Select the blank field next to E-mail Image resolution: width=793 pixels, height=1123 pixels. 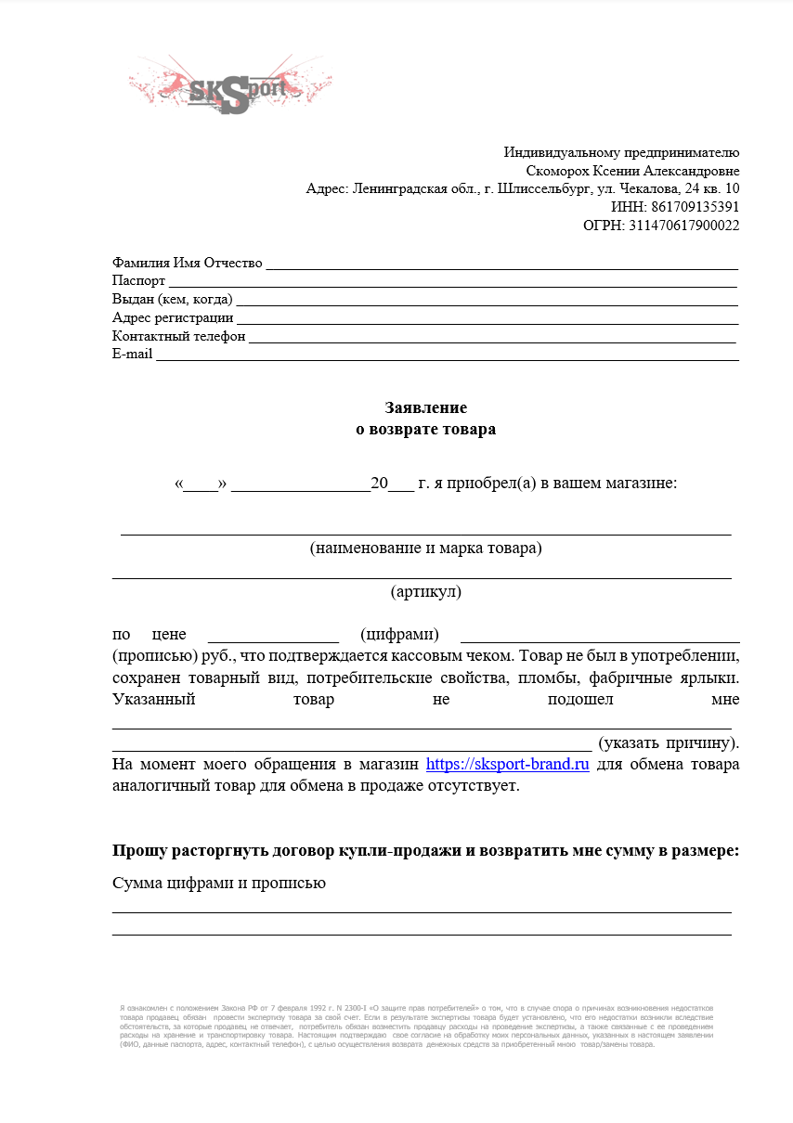[x=447, y=355]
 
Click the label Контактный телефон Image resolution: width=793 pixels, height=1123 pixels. [x=178, y=336]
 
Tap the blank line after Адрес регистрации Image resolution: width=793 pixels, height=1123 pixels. [x=487, y=318]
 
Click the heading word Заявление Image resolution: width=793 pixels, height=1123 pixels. [x=426, y=407]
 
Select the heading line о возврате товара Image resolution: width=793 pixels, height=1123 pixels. [x=426, y=429]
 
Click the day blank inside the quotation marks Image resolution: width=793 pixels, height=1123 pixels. [x=201, y=485]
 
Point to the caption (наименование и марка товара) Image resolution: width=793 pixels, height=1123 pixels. [x=426, y=548]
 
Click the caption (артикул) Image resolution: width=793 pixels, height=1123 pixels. [x=426, y=591]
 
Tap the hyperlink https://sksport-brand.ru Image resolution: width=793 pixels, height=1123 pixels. [x=508, y=765]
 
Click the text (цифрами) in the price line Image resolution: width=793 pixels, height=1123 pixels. [x=398, y=635]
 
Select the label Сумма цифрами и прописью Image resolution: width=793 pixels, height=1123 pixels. [x=218, y=883]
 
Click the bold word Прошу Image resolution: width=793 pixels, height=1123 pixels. [x=136, y=850]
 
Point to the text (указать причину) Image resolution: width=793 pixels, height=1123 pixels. [x=669, y=742]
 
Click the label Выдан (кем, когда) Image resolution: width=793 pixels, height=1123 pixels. [x=172, y=300]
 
